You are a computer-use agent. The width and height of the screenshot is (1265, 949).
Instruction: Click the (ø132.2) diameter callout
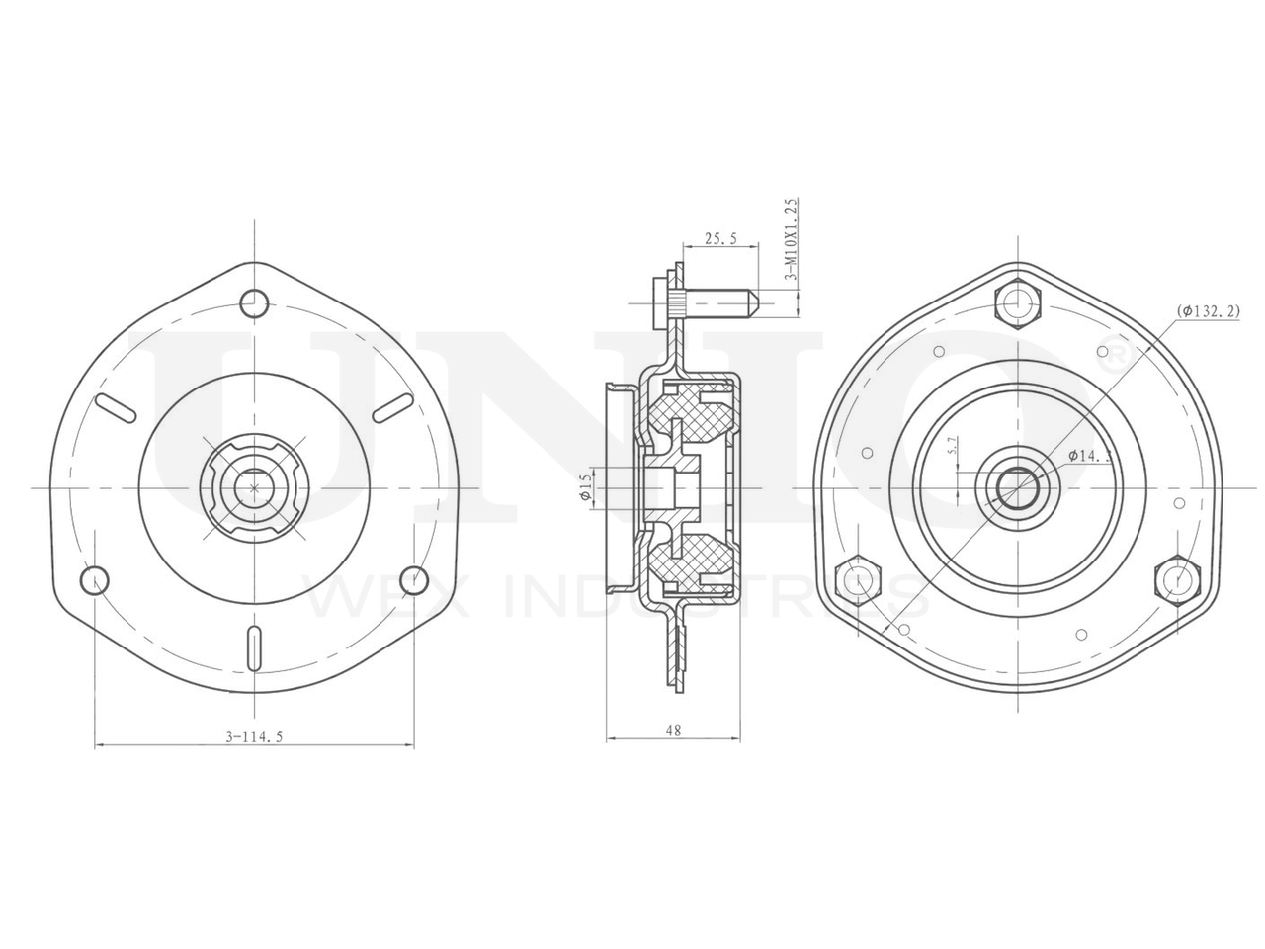(1209, 311)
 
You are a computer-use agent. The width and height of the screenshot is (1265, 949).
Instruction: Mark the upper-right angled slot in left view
(393, 405)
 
